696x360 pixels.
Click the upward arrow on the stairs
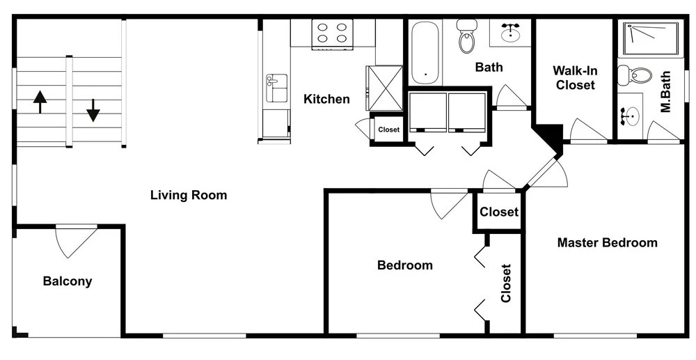tap(40, 102)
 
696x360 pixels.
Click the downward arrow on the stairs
tap(93, 110)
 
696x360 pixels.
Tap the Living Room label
tap(189, 195)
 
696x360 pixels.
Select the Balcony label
tap(68, 281)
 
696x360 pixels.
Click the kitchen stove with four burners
tap(332, 33)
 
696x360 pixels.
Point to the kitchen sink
tap(276, 88)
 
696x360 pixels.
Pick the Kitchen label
tap(326, 99)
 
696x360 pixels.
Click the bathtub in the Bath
tap(425, 52)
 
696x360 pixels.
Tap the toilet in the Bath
tap(466, 36)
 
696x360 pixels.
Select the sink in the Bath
tap(511, 31)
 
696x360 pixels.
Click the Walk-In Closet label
tap(576, 77)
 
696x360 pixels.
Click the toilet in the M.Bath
tap(635, 75)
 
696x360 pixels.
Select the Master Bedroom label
tap(607, 243)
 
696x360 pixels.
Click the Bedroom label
tap(405, 265)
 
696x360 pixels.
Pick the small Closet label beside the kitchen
tap(389, 130)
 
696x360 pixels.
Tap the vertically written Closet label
tap(507, 283)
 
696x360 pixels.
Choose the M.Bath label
tap(665, 93)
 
